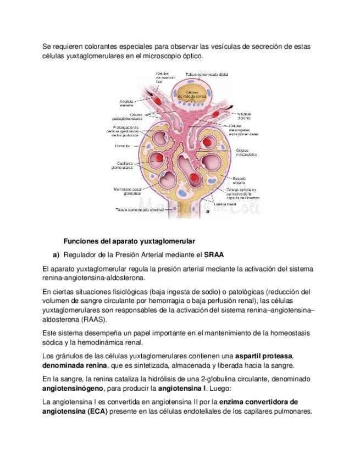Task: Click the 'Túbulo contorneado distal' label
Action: coord(207,74)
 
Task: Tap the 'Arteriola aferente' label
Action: coord(126,103)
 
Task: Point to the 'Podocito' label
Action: coord(122,146)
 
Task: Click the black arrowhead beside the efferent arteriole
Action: coord(233,107)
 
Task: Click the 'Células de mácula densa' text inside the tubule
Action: coord(192,94)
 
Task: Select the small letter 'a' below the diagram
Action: coord(208,211)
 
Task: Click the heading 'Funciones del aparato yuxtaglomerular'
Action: coord(129,241)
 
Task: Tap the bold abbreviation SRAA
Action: coord(214,255)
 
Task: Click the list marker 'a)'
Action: coord(56,255)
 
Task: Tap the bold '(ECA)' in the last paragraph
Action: coord(96,411)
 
